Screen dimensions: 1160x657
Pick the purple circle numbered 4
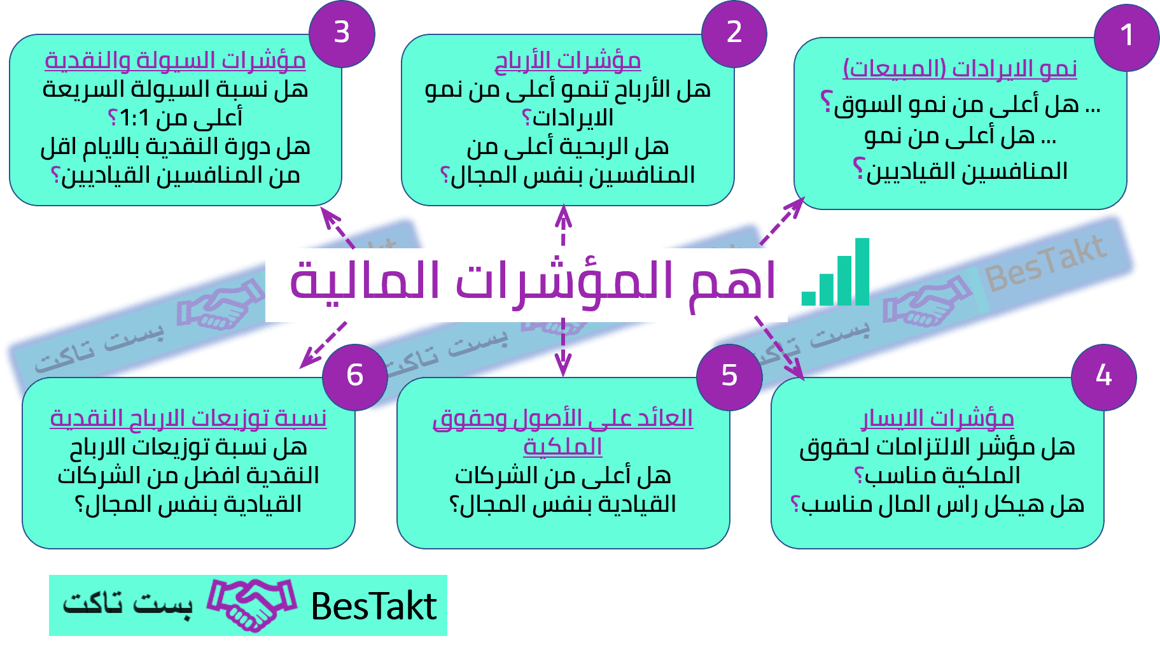pyautogui.click(x=1103, y=377)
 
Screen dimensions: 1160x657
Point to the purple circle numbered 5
pyautogui.click(x=729, y=377)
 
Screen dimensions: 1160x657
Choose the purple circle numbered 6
pyautogui.click(x=355, y=377)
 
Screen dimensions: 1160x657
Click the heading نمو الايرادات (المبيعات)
pyautogui.click(x=960, y=68)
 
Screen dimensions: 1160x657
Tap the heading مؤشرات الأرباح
pyautogui.click(x=568, y=61)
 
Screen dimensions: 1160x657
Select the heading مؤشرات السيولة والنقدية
pyautogui.click(x=175, y=61)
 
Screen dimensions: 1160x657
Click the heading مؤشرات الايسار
pyautogui.click(x=937, y=419)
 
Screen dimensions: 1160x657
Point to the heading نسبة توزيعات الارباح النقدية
pyautogui.click(x=188, y=419)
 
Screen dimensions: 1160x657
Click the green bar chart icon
pyautogui.click(x=835, y=272)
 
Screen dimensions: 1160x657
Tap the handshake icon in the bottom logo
pyautogui.click(x=252, y=605)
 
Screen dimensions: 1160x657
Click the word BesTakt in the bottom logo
pyautogui.click(x=374, y=605)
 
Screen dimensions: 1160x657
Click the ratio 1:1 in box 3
pyautogui.click(x=134, y=118)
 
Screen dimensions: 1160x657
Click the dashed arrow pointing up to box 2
pyautogui.click(x=563, y=226)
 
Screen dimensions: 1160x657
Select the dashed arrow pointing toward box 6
pyautogui.click(x=323, y=345)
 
